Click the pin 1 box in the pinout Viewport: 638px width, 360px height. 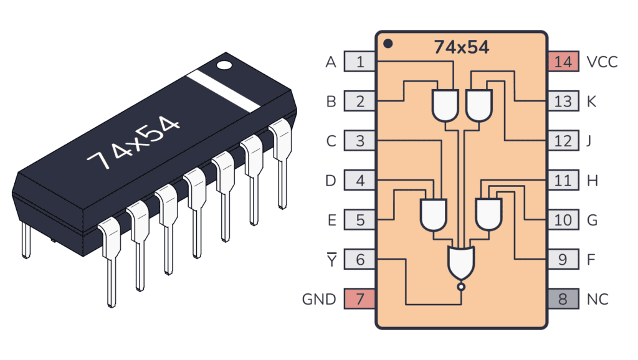(x=359, y=62)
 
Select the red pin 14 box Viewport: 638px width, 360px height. (x=563, y=62)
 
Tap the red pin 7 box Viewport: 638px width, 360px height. (x=359, y=299)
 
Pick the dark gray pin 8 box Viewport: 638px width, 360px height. (x=563, y=299)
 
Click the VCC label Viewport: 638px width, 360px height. (x=602, y=62)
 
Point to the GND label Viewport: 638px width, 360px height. (x=319, y=299)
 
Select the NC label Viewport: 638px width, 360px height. (x=597, y=299)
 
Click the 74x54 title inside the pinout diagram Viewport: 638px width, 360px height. (x=461, y=47)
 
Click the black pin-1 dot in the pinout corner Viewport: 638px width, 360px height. (x=388, y=44)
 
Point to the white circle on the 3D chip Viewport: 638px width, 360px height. (x=224, y=64)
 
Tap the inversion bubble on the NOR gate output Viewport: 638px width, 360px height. (x=461, y=287)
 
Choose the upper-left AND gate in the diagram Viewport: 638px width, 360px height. (x=445, y=105)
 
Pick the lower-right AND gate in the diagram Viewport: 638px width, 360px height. (x=489, y=214)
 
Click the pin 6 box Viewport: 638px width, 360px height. (x=359, y=259)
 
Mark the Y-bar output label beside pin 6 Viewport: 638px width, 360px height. (x=330, y=259)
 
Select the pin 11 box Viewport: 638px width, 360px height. (x=563, y=181)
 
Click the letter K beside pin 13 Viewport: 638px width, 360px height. (x=592, y=101)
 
